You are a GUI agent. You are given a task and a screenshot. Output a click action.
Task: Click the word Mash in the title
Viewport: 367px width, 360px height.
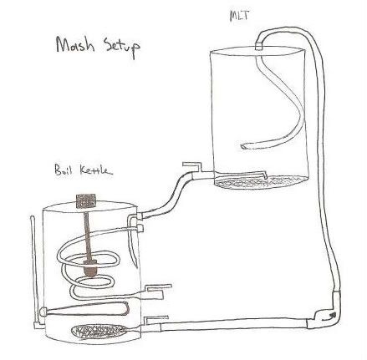(x=75, y=44)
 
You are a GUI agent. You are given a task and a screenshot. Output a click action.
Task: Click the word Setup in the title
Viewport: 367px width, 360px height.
(x=122, y=48)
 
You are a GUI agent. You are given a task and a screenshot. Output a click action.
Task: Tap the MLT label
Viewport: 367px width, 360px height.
(x=239, y=16)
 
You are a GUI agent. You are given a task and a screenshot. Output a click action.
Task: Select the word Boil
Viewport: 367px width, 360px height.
(x=64, y=170)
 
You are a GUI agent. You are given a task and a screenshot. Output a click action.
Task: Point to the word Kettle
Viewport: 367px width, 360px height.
(x=96, y=170)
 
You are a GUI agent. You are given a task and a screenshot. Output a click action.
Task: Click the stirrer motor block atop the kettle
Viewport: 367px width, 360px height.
(x=86, y=200)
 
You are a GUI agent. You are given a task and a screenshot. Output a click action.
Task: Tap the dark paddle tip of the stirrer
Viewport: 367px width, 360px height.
(x=90, y=269)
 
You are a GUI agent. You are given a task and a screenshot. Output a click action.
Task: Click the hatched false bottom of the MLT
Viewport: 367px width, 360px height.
(x=262, y=182)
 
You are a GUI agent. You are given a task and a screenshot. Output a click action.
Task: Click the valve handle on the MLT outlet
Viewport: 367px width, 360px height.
(x=191, y=165)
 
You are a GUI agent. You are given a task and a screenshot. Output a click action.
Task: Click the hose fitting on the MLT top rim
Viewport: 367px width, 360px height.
(x=259, y=46)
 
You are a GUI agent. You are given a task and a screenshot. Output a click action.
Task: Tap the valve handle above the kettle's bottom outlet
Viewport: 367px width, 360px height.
(x=156, y=320)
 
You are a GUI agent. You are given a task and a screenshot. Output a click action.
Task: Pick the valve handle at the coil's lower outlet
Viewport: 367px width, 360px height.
(x=159, y=289)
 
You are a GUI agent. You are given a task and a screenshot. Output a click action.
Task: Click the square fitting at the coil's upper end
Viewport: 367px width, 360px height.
(x=140, y=228)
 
